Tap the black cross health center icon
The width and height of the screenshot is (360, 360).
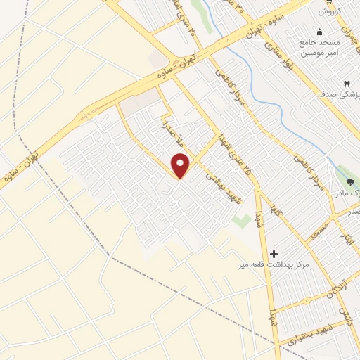274,253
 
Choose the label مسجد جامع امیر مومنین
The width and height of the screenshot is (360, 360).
321,47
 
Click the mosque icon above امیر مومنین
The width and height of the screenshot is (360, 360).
321,32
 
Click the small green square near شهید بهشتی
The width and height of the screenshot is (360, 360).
241,221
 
